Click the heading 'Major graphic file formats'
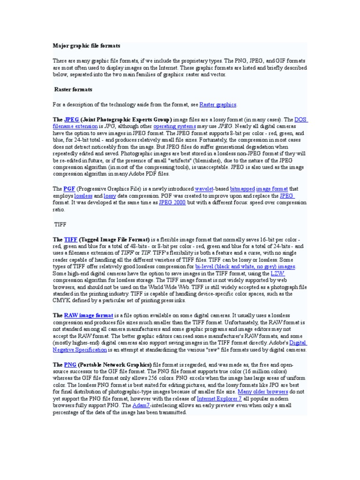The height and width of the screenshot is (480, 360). tap(86, 46)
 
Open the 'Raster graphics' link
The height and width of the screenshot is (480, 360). tap(218, 105)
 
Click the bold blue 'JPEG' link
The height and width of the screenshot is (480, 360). tap(72, 120)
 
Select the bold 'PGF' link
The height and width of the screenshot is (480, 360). tap(69, 189)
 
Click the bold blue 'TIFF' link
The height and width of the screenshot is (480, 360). tap(71, 240)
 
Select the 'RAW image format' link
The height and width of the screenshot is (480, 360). tap(89, 316)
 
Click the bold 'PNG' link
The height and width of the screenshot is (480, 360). tap(70, 364)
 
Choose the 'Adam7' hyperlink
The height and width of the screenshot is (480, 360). tap(142, 405)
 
